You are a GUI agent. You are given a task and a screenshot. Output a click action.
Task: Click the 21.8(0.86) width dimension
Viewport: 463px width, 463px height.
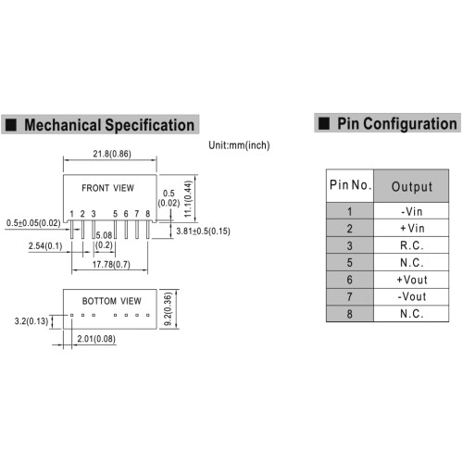pos(112,154)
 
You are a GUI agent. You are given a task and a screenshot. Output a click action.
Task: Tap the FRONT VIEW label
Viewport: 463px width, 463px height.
pos(107,188)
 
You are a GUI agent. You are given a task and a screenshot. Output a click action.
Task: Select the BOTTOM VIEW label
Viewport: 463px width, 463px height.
pos(111,301)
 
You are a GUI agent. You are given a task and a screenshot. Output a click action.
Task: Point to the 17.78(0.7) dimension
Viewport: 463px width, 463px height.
pos(111,265)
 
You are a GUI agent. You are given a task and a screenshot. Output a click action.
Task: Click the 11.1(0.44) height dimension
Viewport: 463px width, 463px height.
pos(188,199)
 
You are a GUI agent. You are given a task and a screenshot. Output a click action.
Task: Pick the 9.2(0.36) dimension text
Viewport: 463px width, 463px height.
pos(168,309)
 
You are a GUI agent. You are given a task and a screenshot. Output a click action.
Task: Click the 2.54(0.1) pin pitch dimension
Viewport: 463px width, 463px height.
pos(45,246)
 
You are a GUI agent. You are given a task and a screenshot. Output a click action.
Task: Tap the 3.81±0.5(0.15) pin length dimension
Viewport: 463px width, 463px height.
pos(203,231)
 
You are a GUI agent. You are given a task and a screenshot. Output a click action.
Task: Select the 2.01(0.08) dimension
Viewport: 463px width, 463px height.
pos(96,339)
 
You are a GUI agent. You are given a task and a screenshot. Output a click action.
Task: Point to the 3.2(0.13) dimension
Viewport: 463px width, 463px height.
pos(31,321)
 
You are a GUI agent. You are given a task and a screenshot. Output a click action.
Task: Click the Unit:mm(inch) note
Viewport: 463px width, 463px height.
pos(239,145)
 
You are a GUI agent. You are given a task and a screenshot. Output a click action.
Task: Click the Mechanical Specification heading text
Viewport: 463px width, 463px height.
pos(109,125)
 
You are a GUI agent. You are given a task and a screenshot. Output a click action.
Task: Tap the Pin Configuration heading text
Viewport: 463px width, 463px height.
pos(397,124)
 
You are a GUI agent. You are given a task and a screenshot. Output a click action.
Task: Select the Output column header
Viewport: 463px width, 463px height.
pos(412,187)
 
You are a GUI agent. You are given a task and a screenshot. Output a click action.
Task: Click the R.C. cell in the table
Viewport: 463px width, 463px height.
pos(412,245)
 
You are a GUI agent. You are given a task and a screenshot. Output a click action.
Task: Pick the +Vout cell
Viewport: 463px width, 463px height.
pos(412,280)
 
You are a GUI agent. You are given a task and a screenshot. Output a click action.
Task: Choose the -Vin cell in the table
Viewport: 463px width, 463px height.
pos(412,212)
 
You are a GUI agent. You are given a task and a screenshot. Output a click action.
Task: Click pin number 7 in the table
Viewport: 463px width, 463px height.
pos(349,297)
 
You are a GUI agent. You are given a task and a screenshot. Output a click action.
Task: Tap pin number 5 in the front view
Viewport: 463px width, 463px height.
pos(115,214)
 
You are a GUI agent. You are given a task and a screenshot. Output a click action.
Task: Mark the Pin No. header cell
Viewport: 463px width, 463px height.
pos(350,185)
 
